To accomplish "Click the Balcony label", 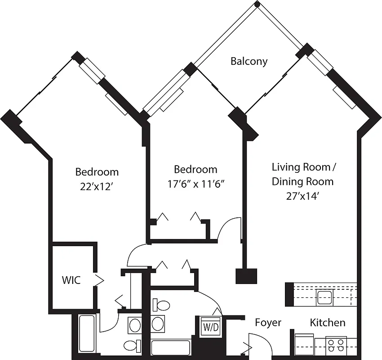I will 249,61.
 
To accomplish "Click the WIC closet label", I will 71,280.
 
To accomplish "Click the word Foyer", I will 268,323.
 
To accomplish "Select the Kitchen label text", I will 328,323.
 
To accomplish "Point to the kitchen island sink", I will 324,296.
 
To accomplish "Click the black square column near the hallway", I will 246,276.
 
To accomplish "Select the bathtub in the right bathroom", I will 171,348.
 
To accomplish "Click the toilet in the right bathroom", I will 161,306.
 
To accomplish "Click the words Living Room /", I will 304,167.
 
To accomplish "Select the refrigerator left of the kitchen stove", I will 304,344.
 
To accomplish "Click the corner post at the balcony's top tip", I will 257,4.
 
